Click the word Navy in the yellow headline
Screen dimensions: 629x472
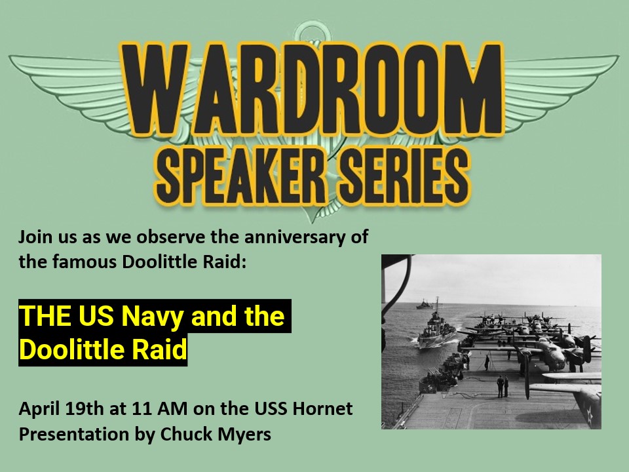click(153, 316)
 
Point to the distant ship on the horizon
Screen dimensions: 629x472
click(425, 304)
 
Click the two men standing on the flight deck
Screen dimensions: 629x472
click(503, 386)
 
